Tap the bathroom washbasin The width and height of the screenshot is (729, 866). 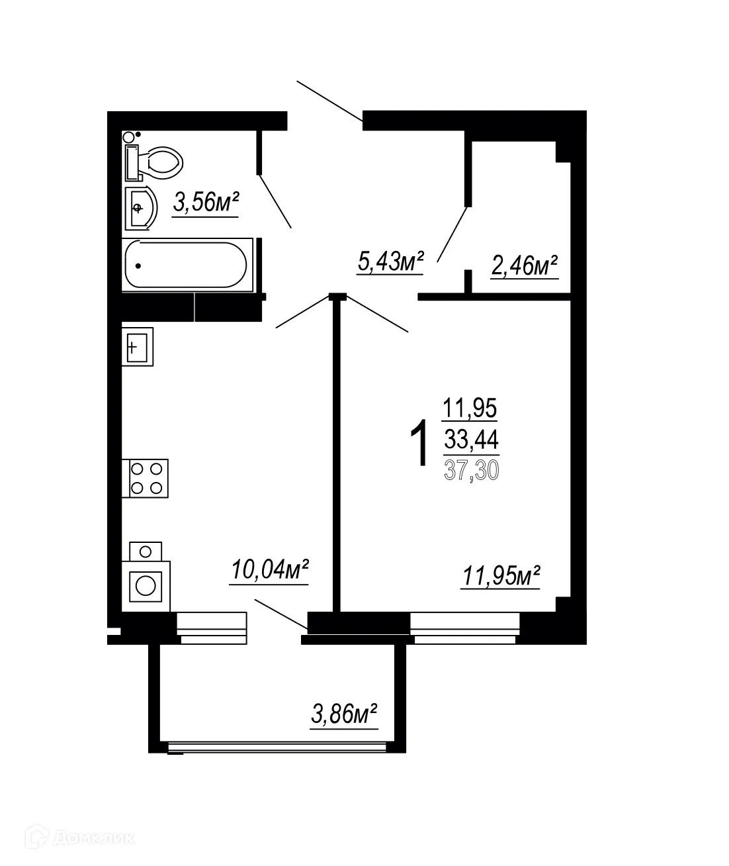[x=140, y=208]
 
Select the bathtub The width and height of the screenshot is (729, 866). [x=187, y=265]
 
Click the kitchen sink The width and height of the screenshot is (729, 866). [x=137, y=346]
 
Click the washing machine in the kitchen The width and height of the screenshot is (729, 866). [x=146, y=585]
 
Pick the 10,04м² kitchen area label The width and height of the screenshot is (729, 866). [x=270, y=570]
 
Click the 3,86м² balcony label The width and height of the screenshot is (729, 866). [x=344, y=715]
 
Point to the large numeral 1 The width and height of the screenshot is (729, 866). [x=419, y=446]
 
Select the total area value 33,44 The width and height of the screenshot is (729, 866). [x=471, y=439]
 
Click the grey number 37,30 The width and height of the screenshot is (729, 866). [x=471, y=469]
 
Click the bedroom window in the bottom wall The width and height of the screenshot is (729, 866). [x=464, y=627]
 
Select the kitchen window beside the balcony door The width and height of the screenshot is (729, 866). [x=212, y=627]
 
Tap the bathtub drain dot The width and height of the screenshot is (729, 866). [x=138, y=265]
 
